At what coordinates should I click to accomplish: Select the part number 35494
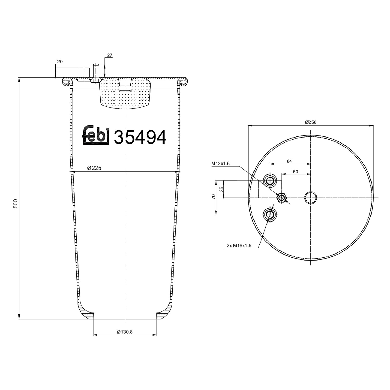[x=140, y=137]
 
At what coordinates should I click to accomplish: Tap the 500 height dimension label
[x=15, y=203]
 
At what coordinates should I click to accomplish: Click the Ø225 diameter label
[x=94, y=168]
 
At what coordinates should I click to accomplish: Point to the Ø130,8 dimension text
[x=125, y=332]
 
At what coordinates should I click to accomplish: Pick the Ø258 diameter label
[x=311, y=122]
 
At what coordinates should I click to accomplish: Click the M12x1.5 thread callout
[x=220, y=164]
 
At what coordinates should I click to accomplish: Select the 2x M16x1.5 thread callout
[x=239, y=245]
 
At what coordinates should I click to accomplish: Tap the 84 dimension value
[x=289, y=161]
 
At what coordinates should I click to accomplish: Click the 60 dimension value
[x=295, y=172]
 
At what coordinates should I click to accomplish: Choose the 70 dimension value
[x=213, y=197]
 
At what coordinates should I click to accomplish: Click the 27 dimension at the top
[x=109, y=55]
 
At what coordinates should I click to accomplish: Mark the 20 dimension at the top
[x=60, y=62]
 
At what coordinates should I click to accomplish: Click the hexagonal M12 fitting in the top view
[x=281, y=198]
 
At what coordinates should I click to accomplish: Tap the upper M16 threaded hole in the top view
[x=270, y=180]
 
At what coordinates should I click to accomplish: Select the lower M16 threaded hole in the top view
[x=270, y=215]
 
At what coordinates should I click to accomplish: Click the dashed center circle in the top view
[x=311, y=198]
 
